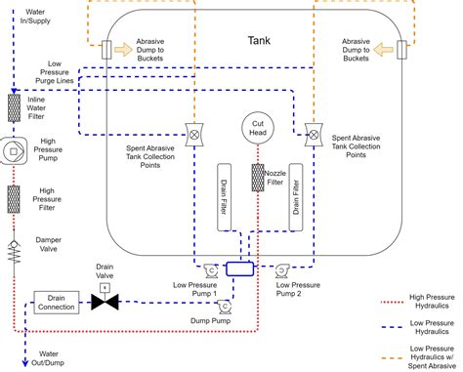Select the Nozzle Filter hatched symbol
(x=258, y=178)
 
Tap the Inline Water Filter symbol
(x=15, y=108)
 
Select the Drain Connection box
(x=56, y=303)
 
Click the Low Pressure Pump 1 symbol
(x=209, y=268)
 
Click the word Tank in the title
(x=258, y=42)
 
